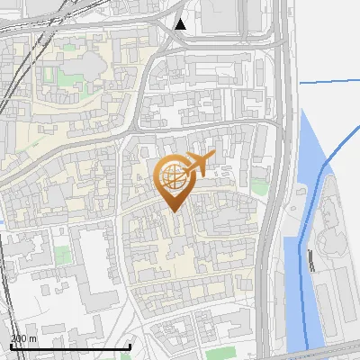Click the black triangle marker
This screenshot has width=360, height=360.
181,23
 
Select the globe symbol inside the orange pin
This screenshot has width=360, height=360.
174,177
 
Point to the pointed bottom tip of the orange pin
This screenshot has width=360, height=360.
174,211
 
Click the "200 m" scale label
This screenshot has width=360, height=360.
23,338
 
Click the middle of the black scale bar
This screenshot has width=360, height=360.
70,346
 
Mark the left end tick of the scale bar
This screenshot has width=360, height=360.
10,345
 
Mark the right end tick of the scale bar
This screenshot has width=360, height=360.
130,345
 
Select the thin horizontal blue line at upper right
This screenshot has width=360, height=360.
328,82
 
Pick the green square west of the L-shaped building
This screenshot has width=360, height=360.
61,256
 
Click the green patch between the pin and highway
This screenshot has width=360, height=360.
260,187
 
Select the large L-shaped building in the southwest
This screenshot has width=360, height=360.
94,270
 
